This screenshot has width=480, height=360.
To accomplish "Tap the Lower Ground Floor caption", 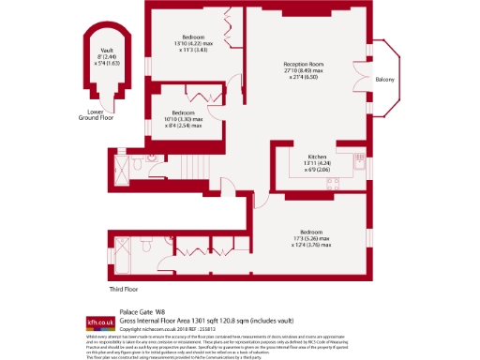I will click(x=95, y=116).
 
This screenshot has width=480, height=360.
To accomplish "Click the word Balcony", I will click(x=384, y=80).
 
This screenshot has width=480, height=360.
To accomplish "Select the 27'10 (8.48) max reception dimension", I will click(x=305, y=71).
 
